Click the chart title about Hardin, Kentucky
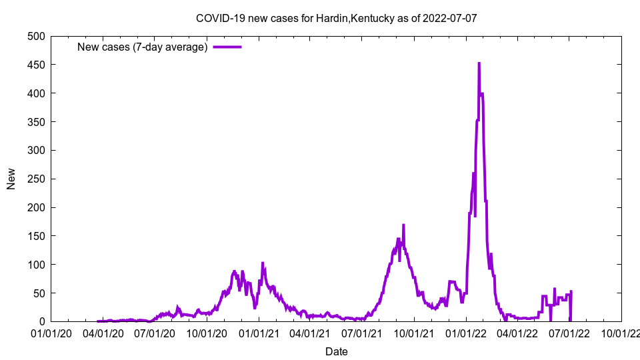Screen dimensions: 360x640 pos(336,18)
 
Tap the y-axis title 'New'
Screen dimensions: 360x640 pos(11,179)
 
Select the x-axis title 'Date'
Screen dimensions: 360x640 pos(336,351)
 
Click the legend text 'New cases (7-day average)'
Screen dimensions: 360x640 pos(143,47)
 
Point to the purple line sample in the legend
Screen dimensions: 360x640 pos(227,47)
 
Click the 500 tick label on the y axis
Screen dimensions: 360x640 pos(36,36)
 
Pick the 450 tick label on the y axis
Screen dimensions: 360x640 pos(36,65)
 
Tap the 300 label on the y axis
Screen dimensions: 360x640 pos(36,150)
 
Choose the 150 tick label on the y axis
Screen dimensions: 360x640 pos(36,236)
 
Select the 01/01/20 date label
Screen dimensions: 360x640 pos(51,333)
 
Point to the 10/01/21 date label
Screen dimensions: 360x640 pos(414,333)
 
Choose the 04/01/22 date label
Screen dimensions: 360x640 pos(517,333)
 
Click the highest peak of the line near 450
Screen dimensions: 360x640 pos(479,63)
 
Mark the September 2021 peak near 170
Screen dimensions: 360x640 pos(403,225)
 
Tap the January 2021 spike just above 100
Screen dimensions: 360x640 pos(263,263)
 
